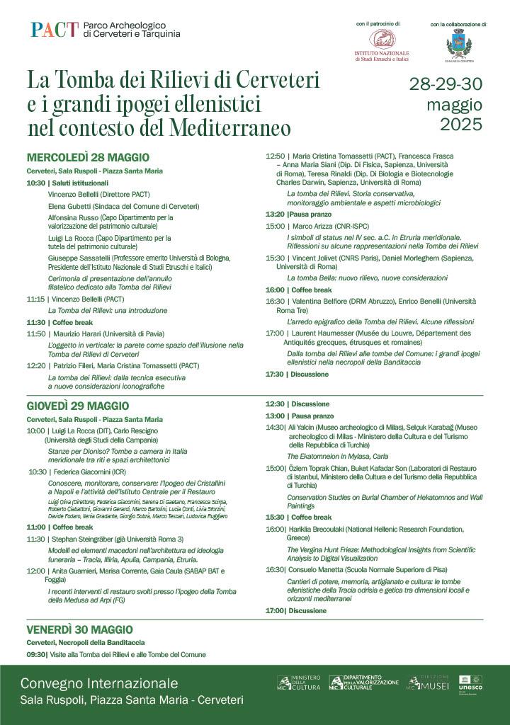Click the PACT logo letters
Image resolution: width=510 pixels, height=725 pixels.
tap(54, 30)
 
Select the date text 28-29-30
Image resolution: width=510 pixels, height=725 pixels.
tap(446, 84)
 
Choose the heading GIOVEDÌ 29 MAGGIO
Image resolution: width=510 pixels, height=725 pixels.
tap(78, 406)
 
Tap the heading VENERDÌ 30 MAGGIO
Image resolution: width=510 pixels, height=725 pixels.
tap(79, 629)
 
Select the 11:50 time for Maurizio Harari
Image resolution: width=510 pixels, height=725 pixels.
tap(35, 333)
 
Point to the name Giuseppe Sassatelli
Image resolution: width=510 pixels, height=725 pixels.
tap(79, 258)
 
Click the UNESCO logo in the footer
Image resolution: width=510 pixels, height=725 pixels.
tap(470, 684)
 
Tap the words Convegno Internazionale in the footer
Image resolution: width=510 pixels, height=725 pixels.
tap(99, 684)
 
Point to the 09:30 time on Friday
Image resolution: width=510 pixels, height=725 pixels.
tap(37, 655)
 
